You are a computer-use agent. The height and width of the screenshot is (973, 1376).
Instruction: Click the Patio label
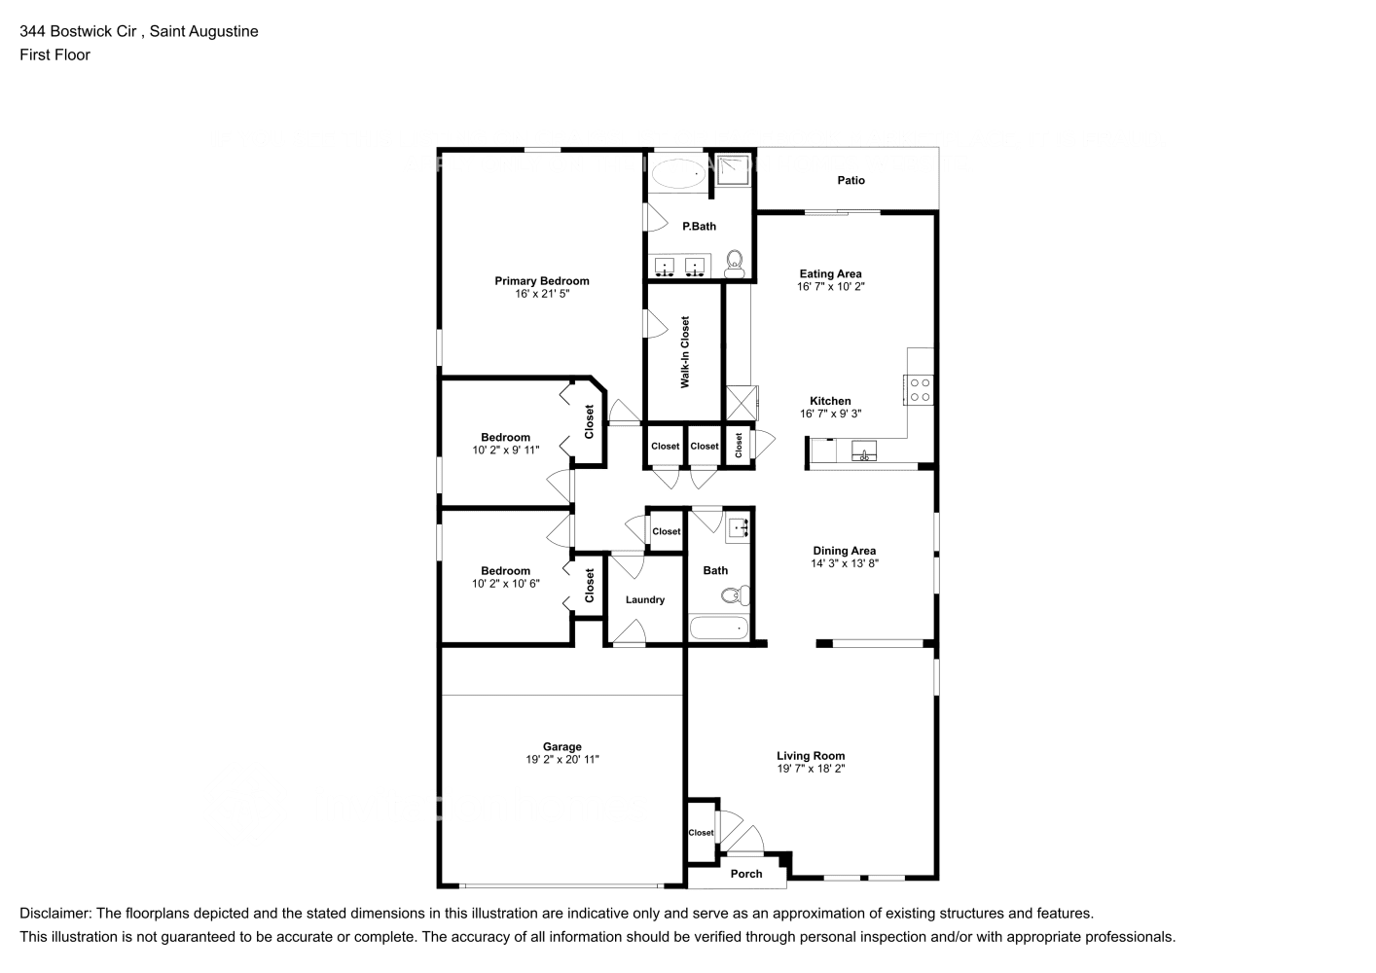pos(851,180)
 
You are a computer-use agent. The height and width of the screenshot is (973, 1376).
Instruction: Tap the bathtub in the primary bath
pos(676,175)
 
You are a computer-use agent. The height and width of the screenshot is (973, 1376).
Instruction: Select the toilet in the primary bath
pos(735,262)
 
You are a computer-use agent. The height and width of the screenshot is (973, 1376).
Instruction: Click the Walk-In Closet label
pos(685,352)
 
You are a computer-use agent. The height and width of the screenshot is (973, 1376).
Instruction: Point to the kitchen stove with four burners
pos(920,389)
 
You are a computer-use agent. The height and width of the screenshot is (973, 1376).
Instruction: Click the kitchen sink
pos(863,450)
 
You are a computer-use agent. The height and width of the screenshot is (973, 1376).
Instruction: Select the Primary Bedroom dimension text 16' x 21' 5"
pos(542,293)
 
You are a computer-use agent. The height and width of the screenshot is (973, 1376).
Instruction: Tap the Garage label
pos(562,747)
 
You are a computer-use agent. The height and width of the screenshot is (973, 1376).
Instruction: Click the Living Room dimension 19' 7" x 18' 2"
pos(811,769)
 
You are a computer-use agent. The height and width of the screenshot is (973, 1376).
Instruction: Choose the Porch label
pos(746,874)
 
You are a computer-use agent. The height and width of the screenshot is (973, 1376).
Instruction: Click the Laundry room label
pos(645,600)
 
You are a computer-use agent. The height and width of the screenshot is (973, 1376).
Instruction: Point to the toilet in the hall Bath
pos(743,595)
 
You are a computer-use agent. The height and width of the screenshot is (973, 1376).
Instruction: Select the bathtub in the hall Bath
pos(719,629)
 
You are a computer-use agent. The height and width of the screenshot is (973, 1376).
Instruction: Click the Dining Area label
pos(845,551)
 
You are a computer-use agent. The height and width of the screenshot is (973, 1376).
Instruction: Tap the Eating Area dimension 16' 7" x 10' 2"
pos(830,287)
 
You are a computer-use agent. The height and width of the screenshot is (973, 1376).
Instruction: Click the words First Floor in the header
pos(54,54)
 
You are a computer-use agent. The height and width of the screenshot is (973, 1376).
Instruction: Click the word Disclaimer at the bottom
pos(54,914)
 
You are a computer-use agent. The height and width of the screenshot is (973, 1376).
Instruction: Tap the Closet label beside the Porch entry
pos(701,833)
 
